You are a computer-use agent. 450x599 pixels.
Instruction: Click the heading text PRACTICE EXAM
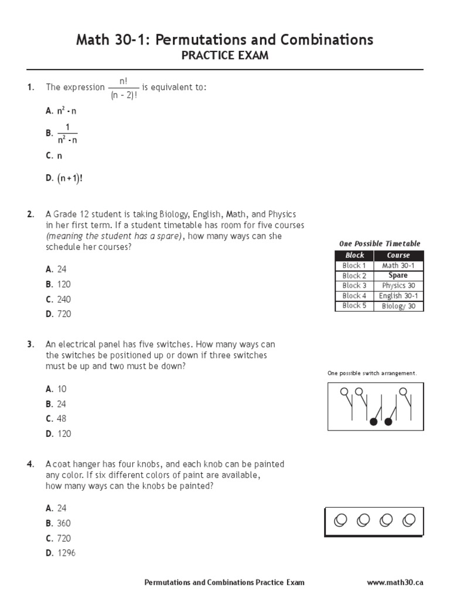click(224, 57)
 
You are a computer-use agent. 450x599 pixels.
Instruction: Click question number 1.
click(30, 88)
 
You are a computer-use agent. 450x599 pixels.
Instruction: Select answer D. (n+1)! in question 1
click(64, 178)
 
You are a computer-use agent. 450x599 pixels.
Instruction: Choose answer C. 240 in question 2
click(58, 299)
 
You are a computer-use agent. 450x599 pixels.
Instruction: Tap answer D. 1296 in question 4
click(60, 553)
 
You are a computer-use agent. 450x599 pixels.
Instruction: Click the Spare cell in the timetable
click(398, 276)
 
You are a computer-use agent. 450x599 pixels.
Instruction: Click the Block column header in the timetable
click(354, 256)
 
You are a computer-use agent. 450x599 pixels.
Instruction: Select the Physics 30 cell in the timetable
click(398, 285)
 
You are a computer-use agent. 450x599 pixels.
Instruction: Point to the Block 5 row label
click(354, 306)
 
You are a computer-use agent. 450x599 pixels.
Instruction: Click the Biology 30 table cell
click(398, 306)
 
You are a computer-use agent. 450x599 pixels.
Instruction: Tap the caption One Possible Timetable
click(380, 243)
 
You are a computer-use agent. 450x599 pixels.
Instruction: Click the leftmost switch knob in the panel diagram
click(344, 391)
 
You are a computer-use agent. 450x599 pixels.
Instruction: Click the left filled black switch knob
click(373, 421)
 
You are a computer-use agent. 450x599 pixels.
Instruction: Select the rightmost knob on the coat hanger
click(410, 519)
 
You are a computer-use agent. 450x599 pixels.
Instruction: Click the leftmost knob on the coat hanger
click(340, 519)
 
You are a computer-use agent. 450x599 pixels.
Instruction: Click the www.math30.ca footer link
click(395, 583)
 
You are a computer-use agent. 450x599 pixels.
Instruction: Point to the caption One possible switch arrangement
click(371, 373)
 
